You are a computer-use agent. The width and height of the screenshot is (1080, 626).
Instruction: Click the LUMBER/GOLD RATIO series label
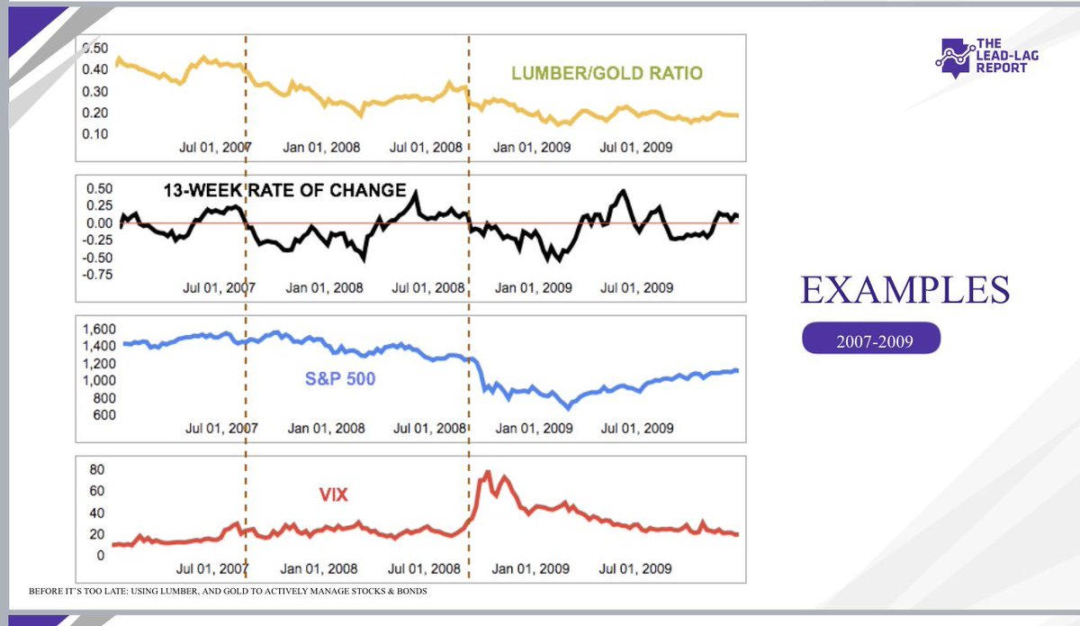pos(606,73)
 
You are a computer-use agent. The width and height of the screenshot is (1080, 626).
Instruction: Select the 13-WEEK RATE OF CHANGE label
pos(284,191)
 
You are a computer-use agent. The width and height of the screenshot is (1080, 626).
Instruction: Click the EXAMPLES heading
pos(904,291)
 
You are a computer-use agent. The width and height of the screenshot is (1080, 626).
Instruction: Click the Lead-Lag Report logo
pos(981,56)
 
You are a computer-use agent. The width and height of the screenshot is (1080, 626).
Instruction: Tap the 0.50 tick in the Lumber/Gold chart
pos(94,48)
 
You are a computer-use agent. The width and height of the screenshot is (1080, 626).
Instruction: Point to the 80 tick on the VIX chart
pos(95,469)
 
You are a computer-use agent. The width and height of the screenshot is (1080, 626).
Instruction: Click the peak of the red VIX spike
pos(487,471)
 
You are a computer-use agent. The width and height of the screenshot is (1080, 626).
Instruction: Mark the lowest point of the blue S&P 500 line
pos(567,408)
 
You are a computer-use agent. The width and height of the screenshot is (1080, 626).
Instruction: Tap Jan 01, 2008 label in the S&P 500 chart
pos(326,428)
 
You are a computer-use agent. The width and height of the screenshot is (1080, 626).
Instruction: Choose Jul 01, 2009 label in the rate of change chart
pos(636,288)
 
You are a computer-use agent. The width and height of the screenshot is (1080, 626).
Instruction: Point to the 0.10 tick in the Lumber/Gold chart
pos(94,133)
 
